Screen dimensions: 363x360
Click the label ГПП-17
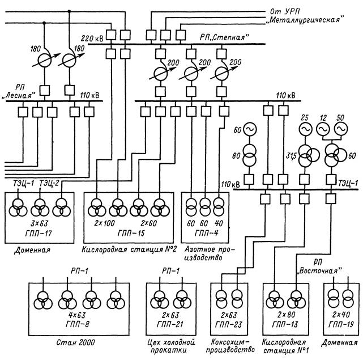pyautogui.click(x=39, y=233)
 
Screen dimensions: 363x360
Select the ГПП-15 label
pyautogui.click(x=131, y=233)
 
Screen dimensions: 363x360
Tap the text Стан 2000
pyautogui.click(x=76, y=342)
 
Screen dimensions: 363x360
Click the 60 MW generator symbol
pyautogui.click(x=250, y=129)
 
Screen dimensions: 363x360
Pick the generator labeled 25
pyautogui.click(x=305, y=129)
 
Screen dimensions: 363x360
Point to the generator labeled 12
pyautogui.click(x=323, y=129)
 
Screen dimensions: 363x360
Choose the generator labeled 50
pyautogui.click(x=341, y=129)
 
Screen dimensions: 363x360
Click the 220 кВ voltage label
pyautogui.click(x=92, y=38)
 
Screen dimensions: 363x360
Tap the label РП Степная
pyautogui.click(x=224, y=37)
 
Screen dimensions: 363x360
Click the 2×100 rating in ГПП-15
pyautogui.click(x=104, y=223)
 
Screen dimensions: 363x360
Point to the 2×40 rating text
pyautogui.click(x=341, y=315)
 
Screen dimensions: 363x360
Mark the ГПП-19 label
pyautogui.click(x=341, y=324)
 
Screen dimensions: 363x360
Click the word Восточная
pyautogui.click(x=320, y=271)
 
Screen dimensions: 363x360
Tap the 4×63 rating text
pyautogui.click(x=77, y=315)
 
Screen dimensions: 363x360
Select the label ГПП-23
pyautogui.click(x=228, y=324)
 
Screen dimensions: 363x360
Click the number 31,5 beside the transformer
pyautogui.click(x=291, y=155)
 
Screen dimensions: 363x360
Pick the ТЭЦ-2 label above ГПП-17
pyautogui.click(x=49, y=183)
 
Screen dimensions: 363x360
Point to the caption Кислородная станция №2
pyautogui.click(x=130, y=249)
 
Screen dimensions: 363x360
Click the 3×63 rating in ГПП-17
pyautogui.click(x=40, y=223)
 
